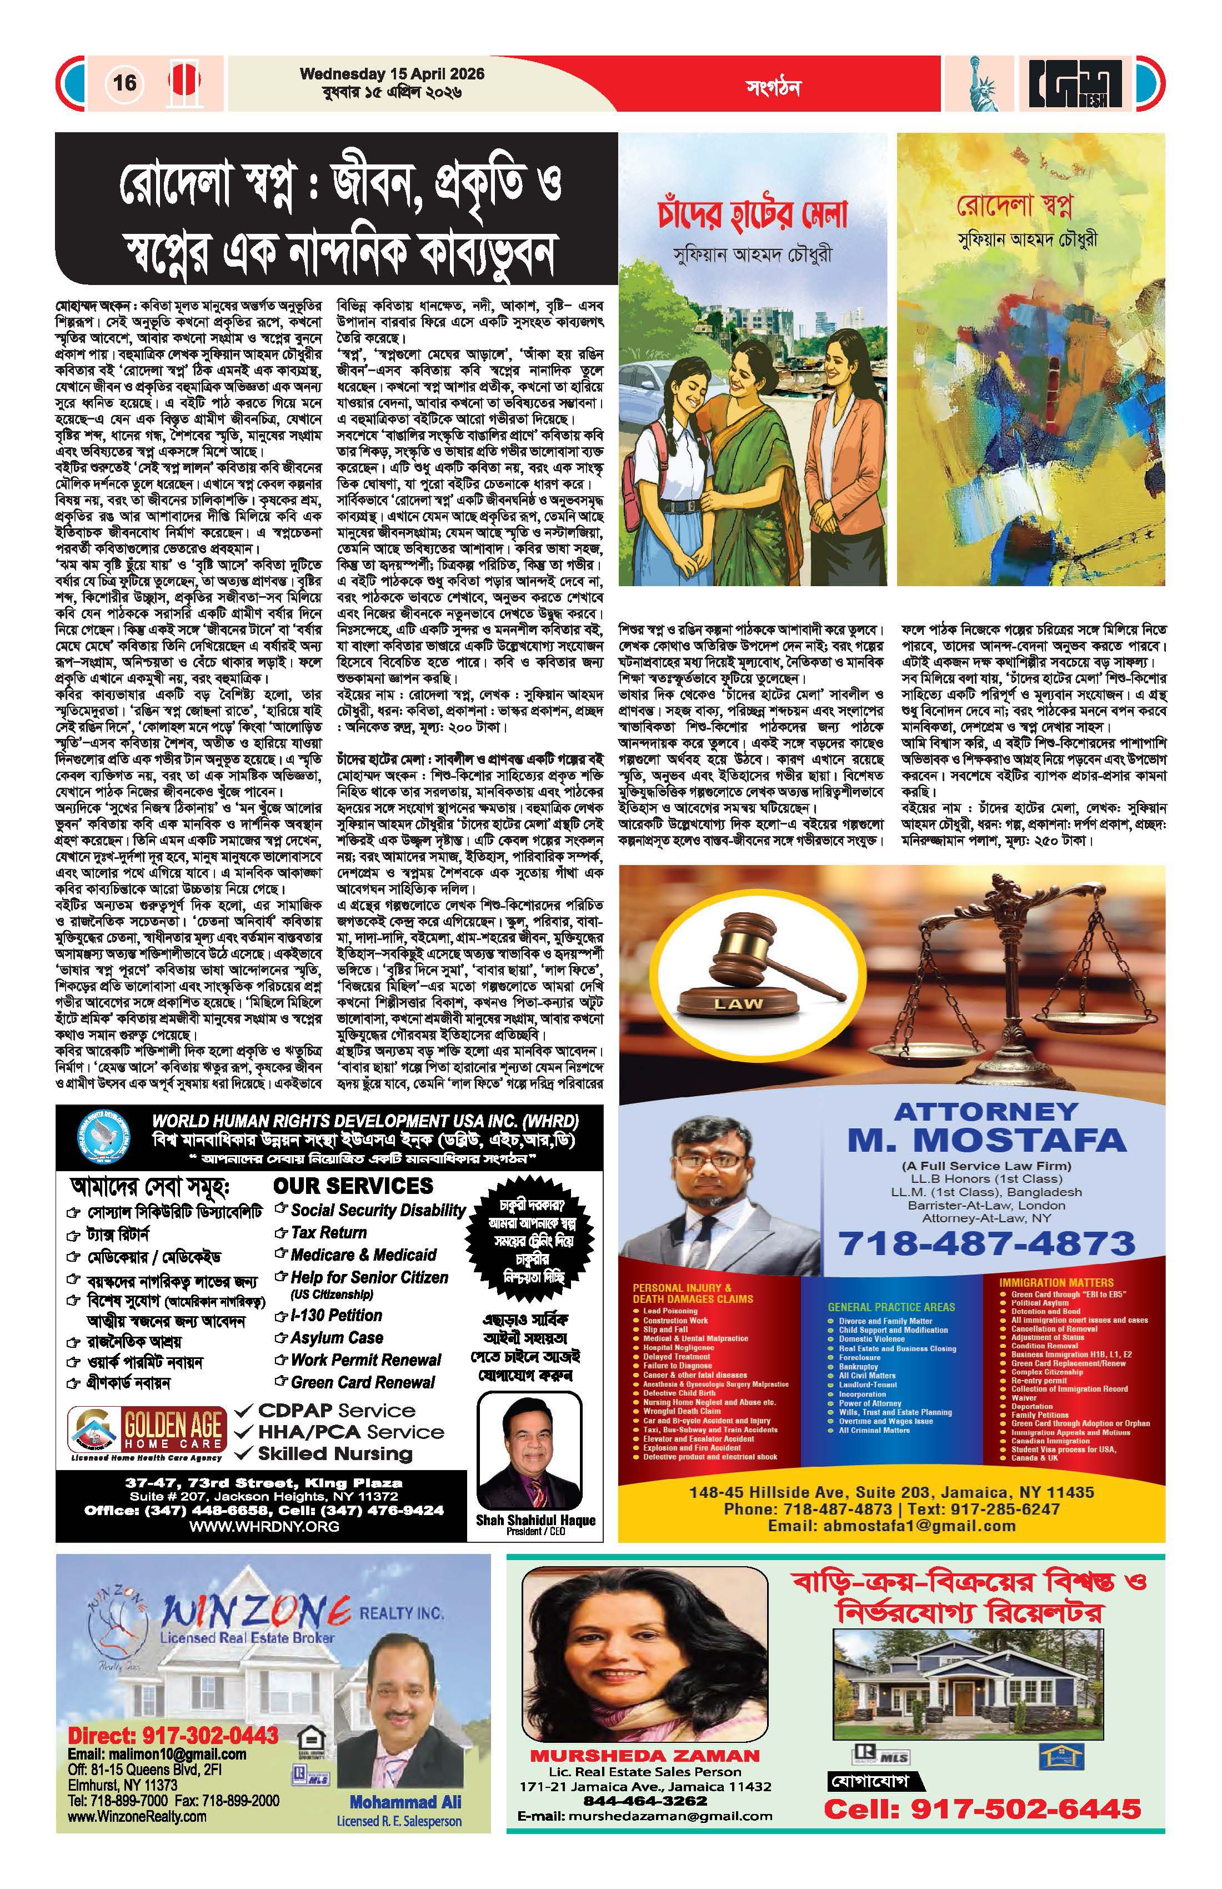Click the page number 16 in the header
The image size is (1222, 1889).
click(124, 83)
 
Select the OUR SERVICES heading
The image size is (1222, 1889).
click(353, 1186)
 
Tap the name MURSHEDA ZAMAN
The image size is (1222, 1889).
click(644, 1756)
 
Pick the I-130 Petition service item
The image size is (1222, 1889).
click(335, 1315)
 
